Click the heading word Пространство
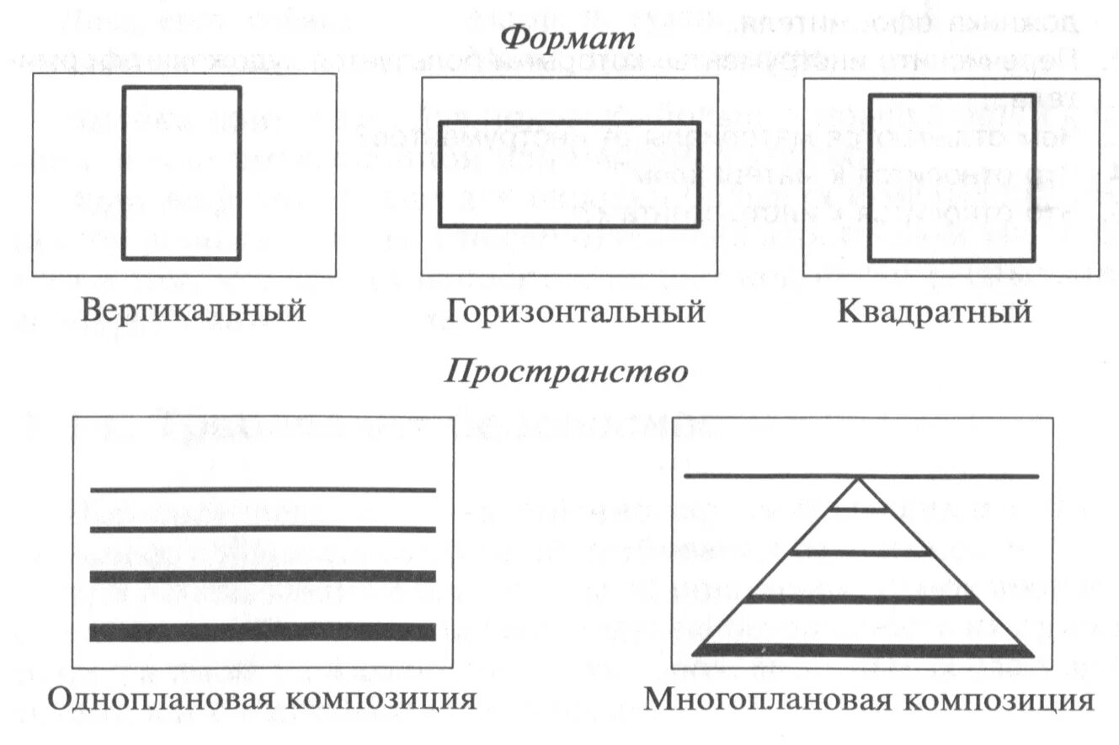click(565, 371)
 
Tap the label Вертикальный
click(193, 311)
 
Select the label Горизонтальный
click(576, 311)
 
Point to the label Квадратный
click(934, 311)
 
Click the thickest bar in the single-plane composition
click(262, 632)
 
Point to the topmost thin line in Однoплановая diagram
click(262, 489)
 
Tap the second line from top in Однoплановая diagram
click(262, 529)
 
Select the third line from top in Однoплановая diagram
click(262, 577)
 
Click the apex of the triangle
click(859, 479)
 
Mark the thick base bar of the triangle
click(862, 650)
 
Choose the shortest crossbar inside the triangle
click(859, 509)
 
